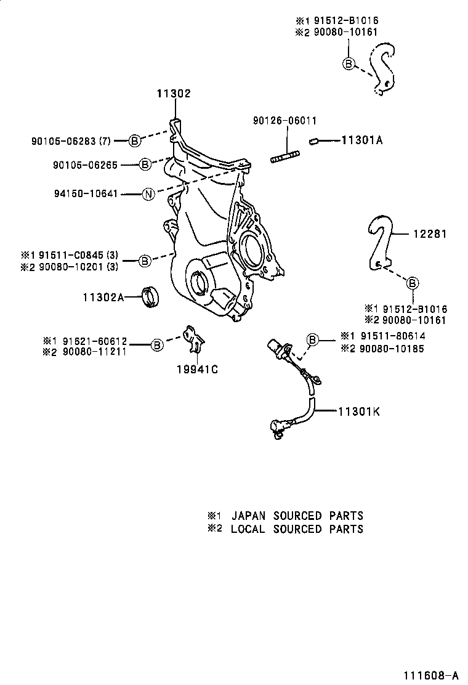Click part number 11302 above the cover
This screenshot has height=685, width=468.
point(173,94)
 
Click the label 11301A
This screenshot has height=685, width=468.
point(361,140)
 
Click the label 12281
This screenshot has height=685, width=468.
point(429,234)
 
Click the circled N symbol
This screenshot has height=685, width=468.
point(148,194)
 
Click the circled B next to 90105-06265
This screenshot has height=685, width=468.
point(144,164)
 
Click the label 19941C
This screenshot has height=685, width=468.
point(198,370)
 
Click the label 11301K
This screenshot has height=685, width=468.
point(358,411)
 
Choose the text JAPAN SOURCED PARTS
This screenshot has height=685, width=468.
point(297,516)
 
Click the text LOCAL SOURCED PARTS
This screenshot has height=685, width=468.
point(297,529)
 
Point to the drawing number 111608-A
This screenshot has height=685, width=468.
point(431,675)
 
